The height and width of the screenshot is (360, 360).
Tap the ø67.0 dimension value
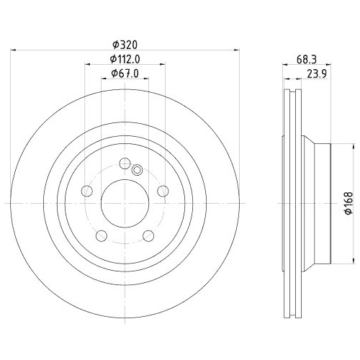(124, 73)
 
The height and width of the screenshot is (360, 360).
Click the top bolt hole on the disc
(125, 163)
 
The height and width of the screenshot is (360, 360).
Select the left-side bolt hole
(88, 190)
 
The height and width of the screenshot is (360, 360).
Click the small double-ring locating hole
(138, 170)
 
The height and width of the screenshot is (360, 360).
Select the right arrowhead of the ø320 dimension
(235, 49)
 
